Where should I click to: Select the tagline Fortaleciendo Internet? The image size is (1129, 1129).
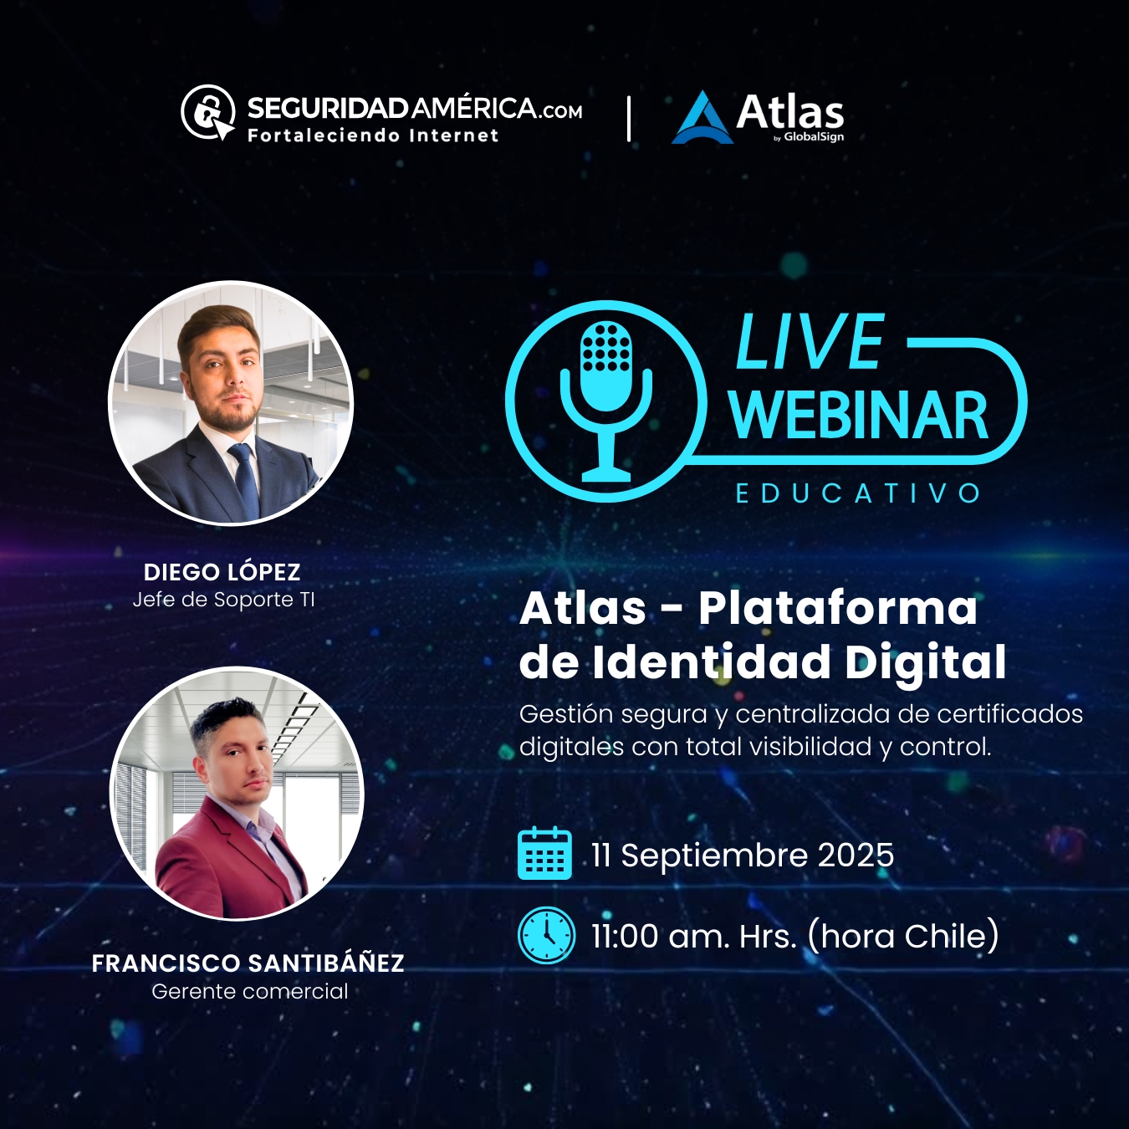tap(373, 136)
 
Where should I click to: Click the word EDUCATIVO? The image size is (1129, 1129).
tap(858, 493)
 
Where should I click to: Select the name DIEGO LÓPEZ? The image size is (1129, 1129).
tap(222, 572)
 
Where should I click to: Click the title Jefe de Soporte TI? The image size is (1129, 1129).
tap(224, 600)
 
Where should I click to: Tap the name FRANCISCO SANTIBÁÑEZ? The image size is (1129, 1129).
tap(248, 963)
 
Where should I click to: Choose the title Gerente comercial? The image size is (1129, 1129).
tap(250, 991)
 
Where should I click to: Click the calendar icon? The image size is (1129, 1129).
tap(544, 853)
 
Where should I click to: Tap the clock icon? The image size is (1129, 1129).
tap(546, 936)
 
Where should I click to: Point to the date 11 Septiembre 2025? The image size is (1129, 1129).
tap(743, 856)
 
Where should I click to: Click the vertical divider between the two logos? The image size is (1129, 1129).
tap(629, 119)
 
